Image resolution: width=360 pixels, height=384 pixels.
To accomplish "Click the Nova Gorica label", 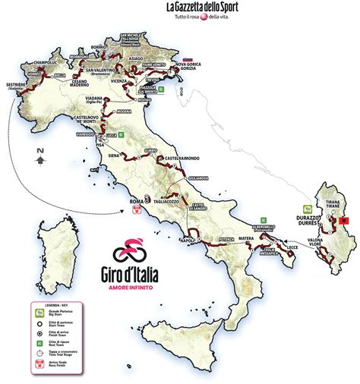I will click(191, 65).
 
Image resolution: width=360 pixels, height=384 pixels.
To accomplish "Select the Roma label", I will click(135, 201).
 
